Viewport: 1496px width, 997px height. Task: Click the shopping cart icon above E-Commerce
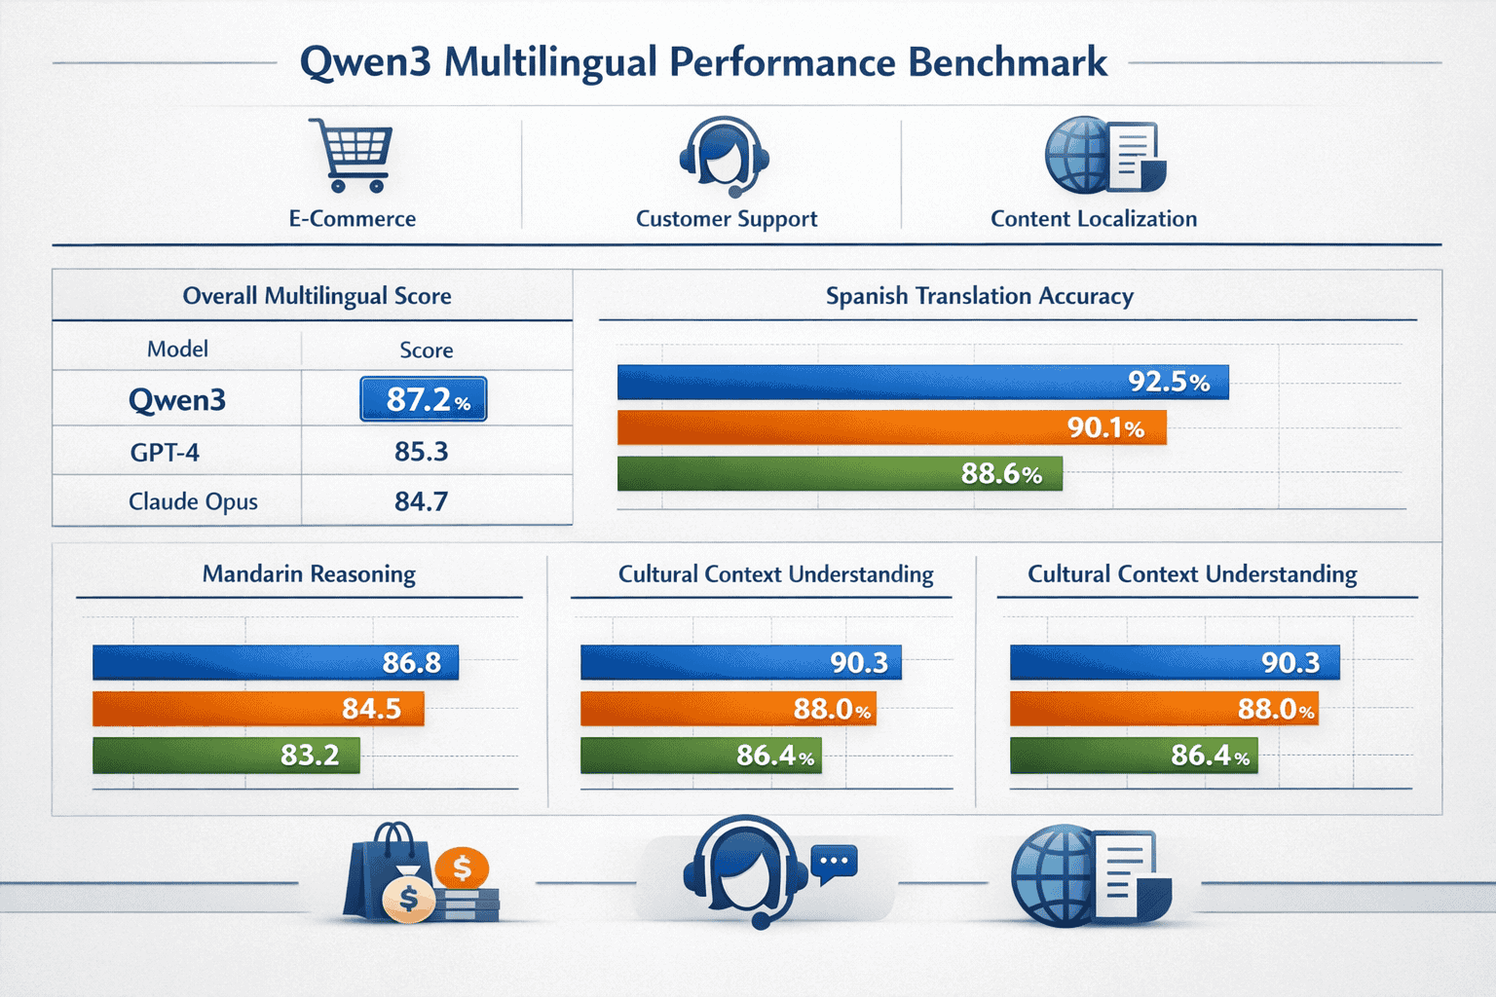pyautogui.click(x=352, y=155)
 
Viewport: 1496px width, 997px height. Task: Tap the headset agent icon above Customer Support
pyautogui.click(x=724, y=156)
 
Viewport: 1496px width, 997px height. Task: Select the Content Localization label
pyautogui.click(x=1093, y=219)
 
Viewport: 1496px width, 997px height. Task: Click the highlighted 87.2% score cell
pyautogui.click(x=424, y=399)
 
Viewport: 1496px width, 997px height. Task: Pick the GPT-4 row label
pyautogui.click(x=165, y=452)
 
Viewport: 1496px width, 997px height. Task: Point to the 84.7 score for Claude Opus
pyautogui.click(x=421, y=501)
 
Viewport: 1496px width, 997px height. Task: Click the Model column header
pyautogui.click(x=177, y=350)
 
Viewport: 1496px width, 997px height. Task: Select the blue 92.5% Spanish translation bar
pyautogui.click(x=921, y=382)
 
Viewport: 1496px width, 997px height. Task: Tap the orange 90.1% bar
pyautogui.click(x=890, y=427)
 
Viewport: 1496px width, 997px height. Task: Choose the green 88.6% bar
pyautogui.click(x=839, y=473)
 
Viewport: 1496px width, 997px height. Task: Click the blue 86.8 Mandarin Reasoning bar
pyautogui.click(x=275, y=662)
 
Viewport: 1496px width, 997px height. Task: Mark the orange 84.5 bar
pyautogui.click(x=257, y=709)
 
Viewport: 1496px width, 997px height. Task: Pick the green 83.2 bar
pyautogui.click(x=225, y=755)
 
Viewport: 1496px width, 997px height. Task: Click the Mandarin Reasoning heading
pyautogui.click(x=309, y=574)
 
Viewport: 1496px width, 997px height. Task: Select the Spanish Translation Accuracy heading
pyautogui.click(x=979, y=296)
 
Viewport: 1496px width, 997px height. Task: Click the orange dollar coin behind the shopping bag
pyautogui.click(x=463, y=866)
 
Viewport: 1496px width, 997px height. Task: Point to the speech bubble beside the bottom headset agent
pyautogui.click(x=835, y=863)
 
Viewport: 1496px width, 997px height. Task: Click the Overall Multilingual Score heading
pyautogui.click(x=317, y=296)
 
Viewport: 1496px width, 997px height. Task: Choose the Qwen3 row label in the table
pyautogui.click(x=176, y=400)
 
